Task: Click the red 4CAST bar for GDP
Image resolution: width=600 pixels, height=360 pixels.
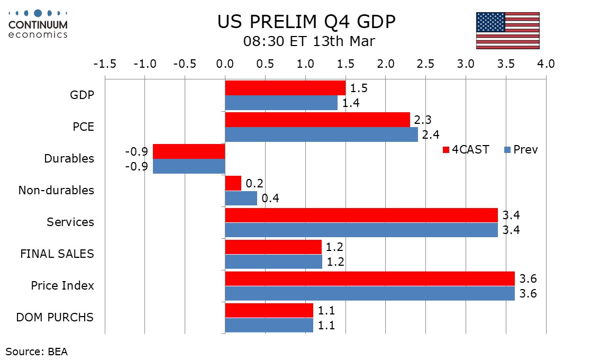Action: pyautogui.click(x=285, y=88)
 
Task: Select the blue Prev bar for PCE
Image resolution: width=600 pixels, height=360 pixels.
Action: pyautogui.click(x=321, y=134)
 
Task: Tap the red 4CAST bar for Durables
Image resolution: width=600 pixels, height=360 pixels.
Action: pyautogui.click(x=189, y=151)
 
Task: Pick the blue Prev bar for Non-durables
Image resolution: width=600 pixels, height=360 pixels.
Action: pyautogui.click(x=241, y=198)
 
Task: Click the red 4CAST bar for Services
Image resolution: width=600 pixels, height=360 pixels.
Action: pyautogui.click(x=361, y=215)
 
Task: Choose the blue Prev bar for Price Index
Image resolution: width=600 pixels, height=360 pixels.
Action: pyautogui.click(x=370, y=293)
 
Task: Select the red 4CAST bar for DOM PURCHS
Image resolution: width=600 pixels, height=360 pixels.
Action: pyautogui.click(x=269, y=310)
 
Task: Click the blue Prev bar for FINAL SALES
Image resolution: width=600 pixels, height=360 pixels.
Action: pyautogui.click(x=274, y=262)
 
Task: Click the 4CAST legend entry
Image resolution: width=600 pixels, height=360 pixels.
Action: pyautogui.click(x=466, y=150)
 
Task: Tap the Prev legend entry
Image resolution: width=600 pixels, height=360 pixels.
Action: pyautogui.click(x=521, y=150)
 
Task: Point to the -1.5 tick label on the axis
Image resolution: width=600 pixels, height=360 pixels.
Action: pyautogui.click(x=105, y=64)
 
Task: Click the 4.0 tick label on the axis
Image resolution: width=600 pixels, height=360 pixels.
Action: pyautogui.click(x=546, y=64)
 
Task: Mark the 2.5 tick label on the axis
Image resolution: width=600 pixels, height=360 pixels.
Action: pyautogui.click(x=425, y=64)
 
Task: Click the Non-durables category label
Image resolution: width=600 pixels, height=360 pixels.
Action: pyautogui.click(x=56, y=191)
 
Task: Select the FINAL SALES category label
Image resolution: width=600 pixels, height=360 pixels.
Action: pyautogui.click(x=57, y=254)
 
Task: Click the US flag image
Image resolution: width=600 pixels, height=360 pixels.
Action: pyautogui.click(x=507, y=30)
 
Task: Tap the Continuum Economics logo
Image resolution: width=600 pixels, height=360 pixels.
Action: pyautogui.click(x=38, y=24)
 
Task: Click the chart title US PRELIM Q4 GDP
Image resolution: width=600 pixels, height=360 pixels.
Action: pyautogui.click(x=306, y=22)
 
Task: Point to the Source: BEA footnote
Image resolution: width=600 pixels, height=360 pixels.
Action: pyautogui.click(x=37, y=351)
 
